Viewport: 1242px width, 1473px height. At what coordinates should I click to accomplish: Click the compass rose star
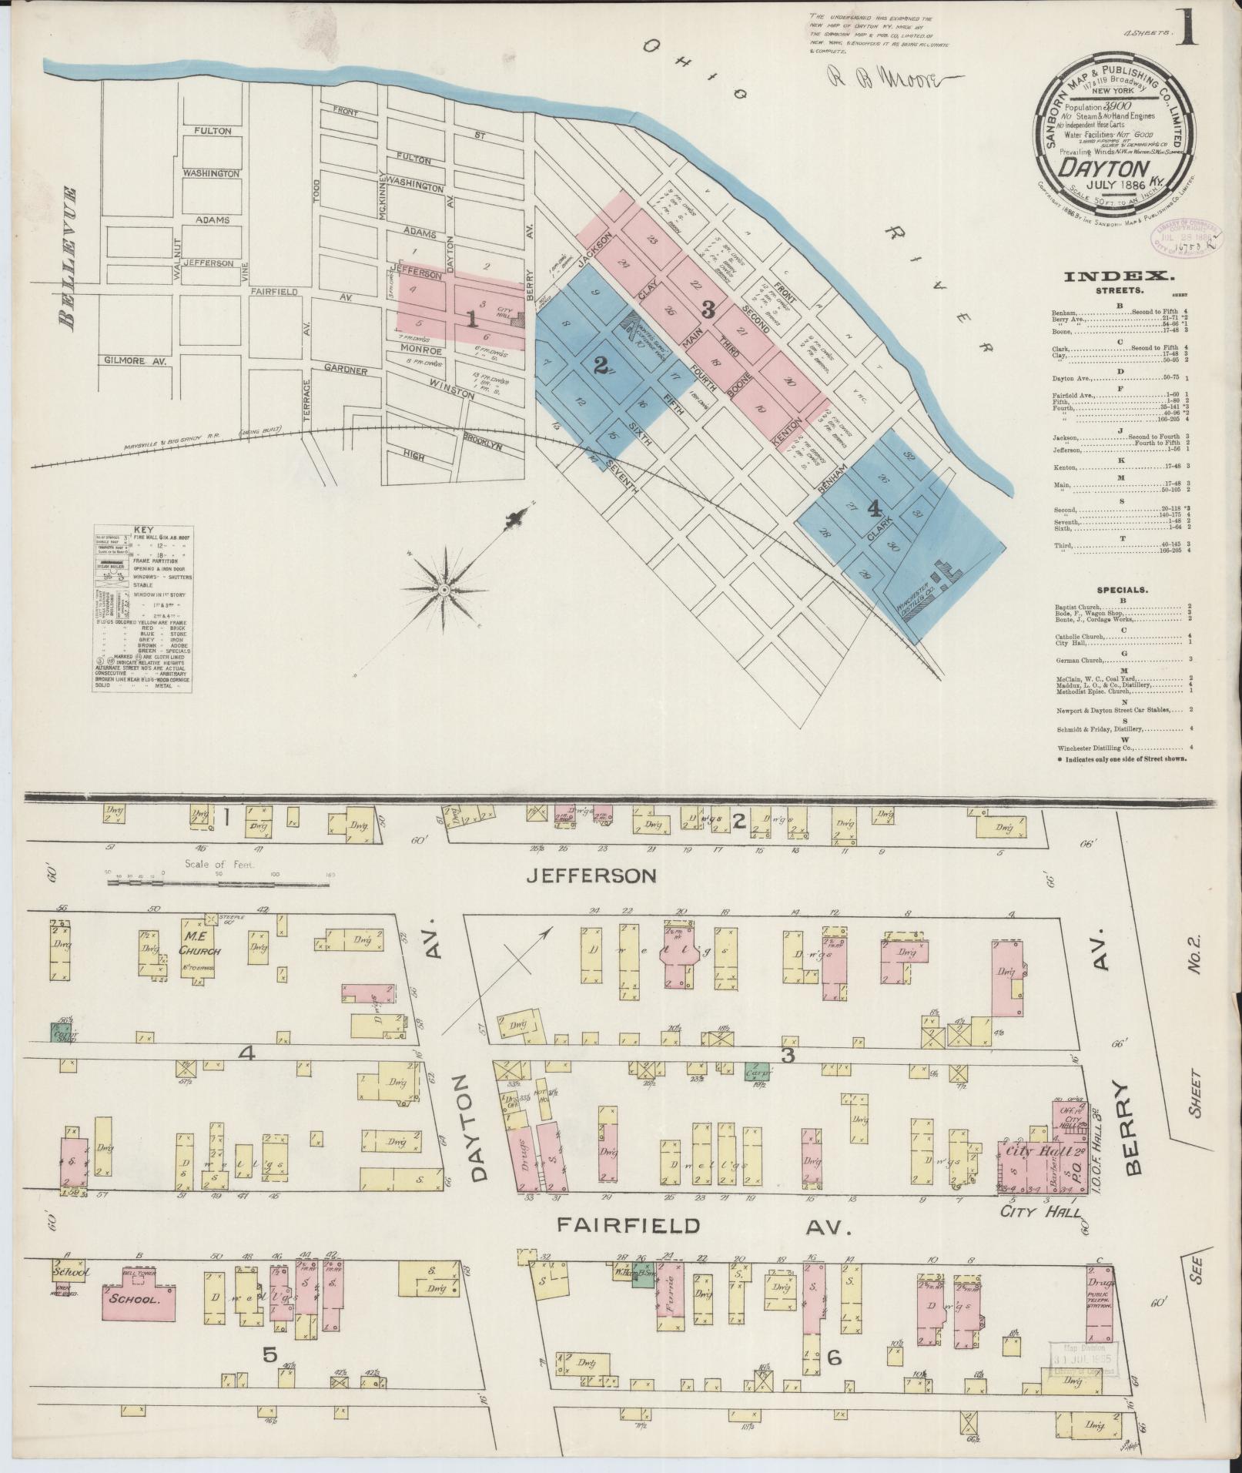tap(444, 589)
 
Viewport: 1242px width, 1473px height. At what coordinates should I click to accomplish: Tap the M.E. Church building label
tap(200, 944)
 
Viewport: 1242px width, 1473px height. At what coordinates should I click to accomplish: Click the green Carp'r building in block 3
tap(753, 1070)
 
